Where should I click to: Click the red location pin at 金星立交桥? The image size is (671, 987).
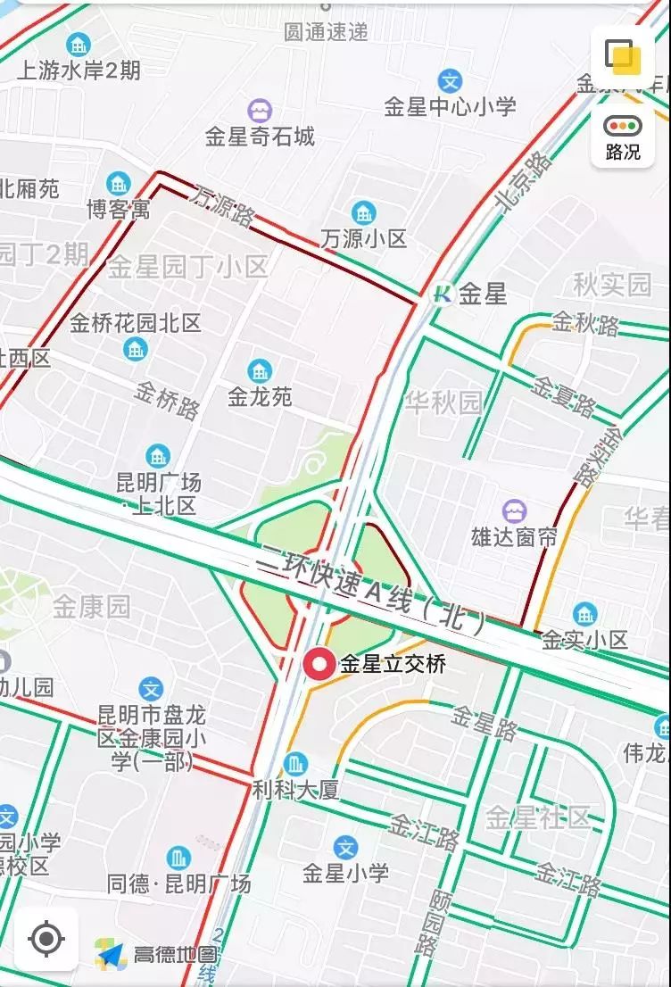point(319,665)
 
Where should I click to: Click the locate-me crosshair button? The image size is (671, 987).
point(46,939)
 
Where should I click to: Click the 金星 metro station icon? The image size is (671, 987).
point(442,293)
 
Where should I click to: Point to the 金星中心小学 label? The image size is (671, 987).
point(450,107)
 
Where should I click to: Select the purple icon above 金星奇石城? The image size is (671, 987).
point(260,111)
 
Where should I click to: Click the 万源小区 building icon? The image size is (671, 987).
point(363,213)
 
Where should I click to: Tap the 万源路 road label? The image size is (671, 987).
point(221,205)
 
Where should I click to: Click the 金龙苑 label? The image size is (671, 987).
point(260,397)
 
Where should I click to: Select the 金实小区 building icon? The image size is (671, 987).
point(585,614)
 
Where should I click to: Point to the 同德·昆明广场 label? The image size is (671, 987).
point(179,884)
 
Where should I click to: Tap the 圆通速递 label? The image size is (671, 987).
point(326,32)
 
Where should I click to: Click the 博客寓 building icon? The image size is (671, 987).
point(118,185)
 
